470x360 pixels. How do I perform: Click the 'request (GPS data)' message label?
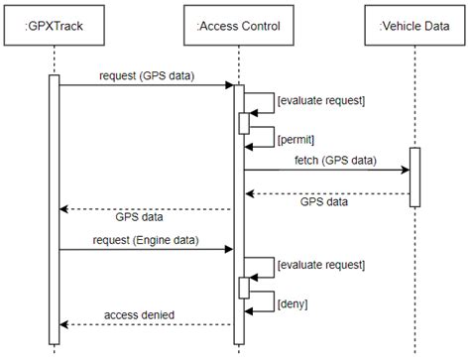click(146, 75)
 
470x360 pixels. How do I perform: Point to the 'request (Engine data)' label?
click(146, 240)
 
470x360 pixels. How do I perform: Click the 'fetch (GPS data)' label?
click(335, 160)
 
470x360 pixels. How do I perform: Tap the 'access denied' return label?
click(139, 315)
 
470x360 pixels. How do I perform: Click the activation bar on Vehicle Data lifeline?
click(414, 177)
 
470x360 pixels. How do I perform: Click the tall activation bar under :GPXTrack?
click(55, 208)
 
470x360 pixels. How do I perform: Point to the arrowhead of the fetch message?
click(406, 171)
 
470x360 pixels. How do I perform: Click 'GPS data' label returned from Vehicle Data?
click(323, 201)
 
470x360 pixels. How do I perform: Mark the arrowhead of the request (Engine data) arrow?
click(229, 250)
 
